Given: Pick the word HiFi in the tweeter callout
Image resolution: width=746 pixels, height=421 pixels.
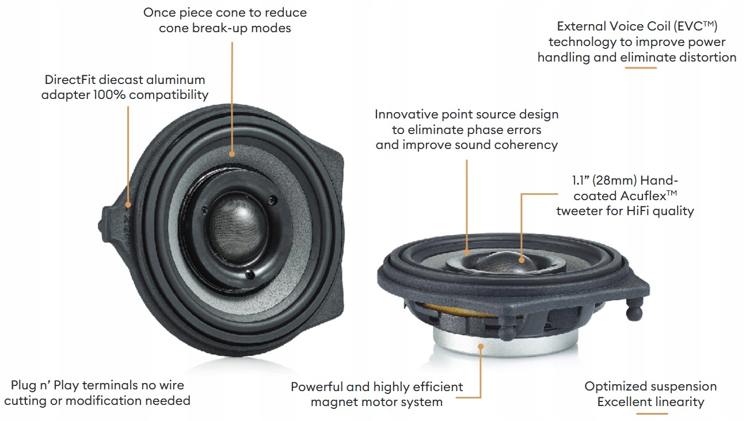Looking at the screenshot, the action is [639, 211].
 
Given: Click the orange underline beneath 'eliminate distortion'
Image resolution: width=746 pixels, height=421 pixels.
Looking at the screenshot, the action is [641, 68].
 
